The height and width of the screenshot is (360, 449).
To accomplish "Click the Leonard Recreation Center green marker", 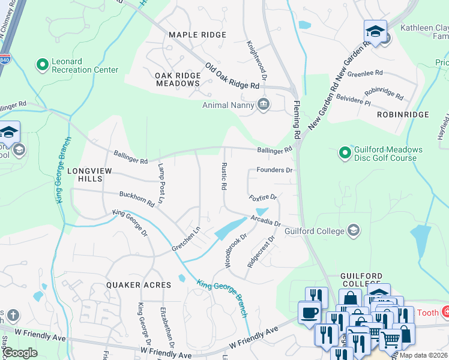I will pos(42,64).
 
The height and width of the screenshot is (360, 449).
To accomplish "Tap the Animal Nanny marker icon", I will pos(263,104).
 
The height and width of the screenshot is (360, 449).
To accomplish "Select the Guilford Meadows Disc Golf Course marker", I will pos(345,154).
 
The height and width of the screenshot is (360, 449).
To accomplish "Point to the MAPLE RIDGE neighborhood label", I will pos(197,35).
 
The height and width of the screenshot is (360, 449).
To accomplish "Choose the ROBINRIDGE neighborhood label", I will pos(403,114).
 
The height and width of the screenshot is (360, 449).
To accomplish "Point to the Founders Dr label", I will pos(274,170).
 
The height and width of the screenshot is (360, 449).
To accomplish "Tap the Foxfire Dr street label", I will pos(263,197).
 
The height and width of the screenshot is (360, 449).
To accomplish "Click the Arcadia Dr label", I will pos(266,220).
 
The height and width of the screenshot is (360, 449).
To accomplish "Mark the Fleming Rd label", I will pos(296,118).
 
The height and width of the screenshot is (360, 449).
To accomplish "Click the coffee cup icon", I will pos(310,313).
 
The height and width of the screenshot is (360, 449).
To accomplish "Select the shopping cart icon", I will pos(390,340).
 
